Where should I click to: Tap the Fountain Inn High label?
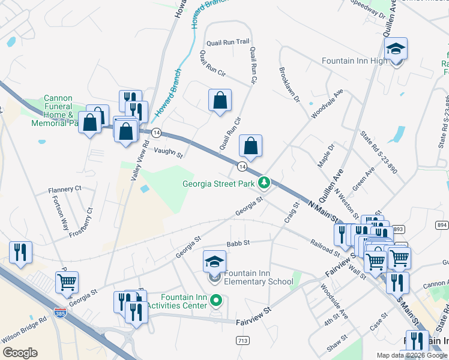[x=355, y=61]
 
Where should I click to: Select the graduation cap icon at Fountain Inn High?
[x=396, y=49]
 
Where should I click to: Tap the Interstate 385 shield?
[x=60, y=313]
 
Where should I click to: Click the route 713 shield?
[x=243, y=340]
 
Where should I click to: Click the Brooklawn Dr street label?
[x=289, y=85]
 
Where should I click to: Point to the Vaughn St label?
[x=167, y=153]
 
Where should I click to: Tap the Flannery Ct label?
[x=65, y=190]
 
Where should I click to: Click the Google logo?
[x=20, y=352]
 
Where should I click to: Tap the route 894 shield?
[x=442, y=224]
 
